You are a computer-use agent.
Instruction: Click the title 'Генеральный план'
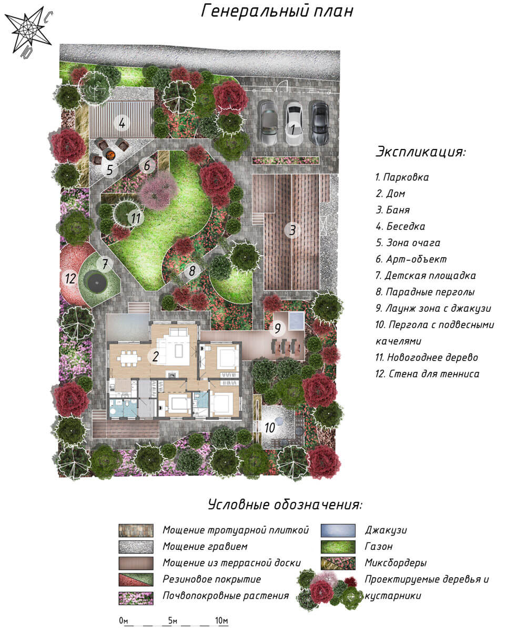[x=277, y=12]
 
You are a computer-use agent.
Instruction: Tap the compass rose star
[x=28, y=30]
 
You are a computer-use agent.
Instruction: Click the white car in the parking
[x=294, y=123]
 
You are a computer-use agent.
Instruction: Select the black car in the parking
[x=320, y=123]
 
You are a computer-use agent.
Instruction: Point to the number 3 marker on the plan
[x=292, y=230]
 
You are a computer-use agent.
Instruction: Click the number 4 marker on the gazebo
[x=122, y=123]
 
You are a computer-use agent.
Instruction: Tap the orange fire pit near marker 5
[x=110, y=155]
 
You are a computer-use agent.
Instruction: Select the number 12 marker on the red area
[x=70, y=278]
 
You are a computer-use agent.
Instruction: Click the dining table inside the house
[x=129, y=359]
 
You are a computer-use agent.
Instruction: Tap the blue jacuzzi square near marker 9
[x=296, y=321]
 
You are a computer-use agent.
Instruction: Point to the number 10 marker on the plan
[x=270, y=428]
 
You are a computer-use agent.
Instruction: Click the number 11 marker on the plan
[x=136, y=218]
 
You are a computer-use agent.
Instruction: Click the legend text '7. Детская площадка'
[x=425, y=275]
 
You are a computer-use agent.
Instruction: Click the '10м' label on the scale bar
[x=221, y=621]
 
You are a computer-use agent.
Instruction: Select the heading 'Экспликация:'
[x=421, y=151]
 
